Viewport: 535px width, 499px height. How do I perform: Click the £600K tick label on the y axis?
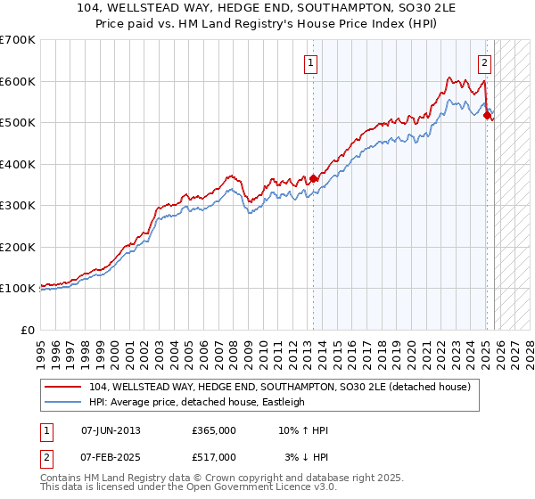(18, 81)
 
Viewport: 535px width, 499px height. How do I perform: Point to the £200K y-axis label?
(18, 247)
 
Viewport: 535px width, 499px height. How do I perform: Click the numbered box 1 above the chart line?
(311, 62)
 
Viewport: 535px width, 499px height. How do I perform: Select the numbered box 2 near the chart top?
(484, 62)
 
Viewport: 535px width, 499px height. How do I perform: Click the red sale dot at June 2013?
(313, 178)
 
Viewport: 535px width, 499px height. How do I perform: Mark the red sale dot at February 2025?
(486, 115)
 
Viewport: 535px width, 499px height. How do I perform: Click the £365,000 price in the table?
(213, 430)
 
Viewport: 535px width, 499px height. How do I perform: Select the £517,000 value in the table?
(213, 457)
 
